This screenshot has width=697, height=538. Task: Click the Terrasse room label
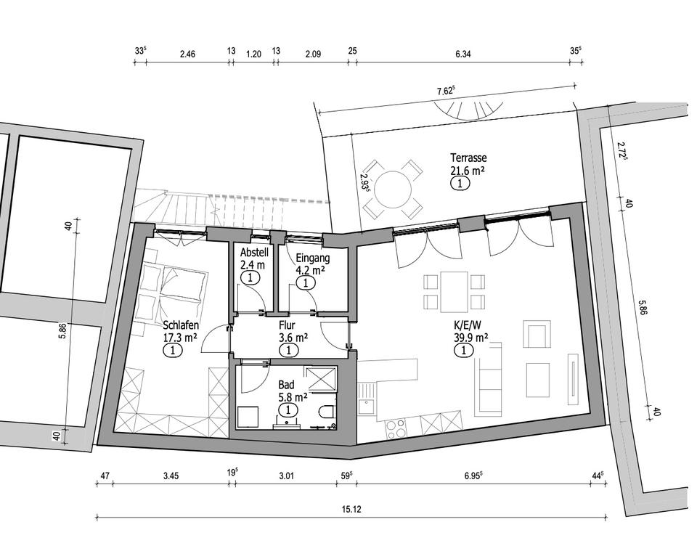coord(468,158)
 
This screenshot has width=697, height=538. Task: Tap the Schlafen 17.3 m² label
coord(181,331)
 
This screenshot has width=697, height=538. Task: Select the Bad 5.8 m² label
coord(292,390)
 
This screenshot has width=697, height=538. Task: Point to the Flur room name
coord(288,325)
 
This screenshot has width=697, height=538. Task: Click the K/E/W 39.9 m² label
coord(470,331)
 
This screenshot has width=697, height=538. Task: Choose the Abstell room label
coord(254,252)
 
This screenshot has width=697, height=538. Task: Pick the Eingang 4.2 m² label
coord(313,264)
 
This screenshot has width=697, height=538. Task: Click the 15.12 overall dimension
coord(351,509)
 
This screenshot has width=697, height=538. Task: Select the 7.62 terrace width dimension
coord(445,91)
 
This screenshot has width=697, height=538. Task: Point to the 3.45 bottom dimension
coord(171,476)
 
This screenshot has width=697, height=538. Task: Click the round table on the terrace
coord(393,189)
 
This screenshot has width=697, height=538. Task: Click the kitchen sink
coord(368,399)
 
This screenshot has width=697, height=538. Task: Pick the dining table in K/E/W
coord(454,292)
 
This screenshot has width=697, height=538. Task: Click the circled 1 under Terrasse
coord(460,183)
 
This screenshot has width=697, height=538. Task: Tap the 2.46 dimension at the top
coord(187,54)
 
